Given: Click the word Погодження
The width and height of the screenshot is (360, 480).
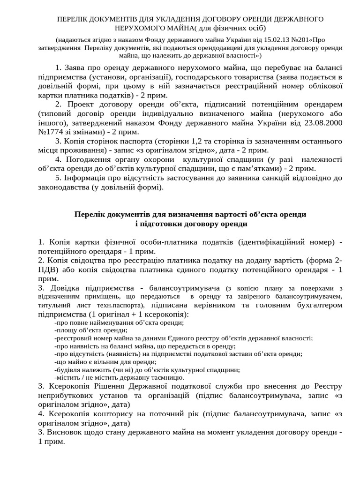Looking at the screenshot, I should point(89,159).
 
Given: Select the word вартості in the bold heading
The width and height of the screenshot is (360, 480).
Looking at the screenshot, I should point(213,214).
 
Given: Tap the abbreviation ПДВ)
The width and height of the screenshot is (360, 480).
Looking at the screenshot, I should point(49,270).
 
